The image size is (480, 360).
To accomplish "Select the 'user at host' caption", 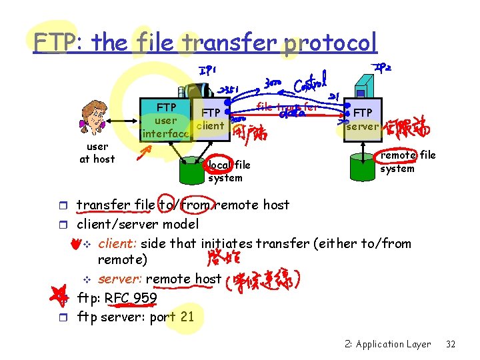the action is (97, 153).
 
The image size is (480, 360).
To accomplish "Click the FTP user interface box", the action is (165, 120).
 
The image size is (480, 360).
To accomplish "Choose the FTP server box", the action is (363, 120).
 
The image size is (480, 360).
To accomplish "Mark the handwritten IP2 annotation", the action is (383, 68).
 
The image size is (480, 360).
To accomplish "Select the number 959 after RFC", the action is (145, 297).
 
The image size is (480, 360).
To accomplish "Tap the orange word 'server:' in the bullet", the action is (120, 279).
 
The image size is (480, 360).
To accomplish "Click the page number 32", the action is (451, 344).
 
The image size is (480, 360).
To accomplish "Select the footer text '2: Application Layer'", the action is (388, 344).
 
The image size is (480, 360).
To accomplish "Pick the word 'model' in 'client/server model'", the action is (180, 224).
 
